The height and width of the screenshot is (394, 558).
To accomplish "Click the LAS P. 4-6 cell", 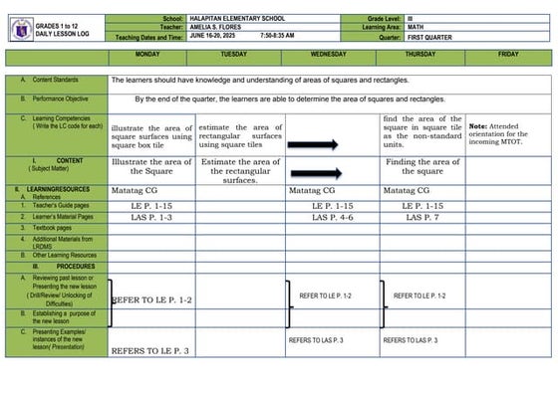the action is click(332, 217).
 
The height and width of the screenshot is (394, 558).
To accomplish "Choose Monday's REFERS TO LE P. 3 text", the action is click(149, 350).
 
